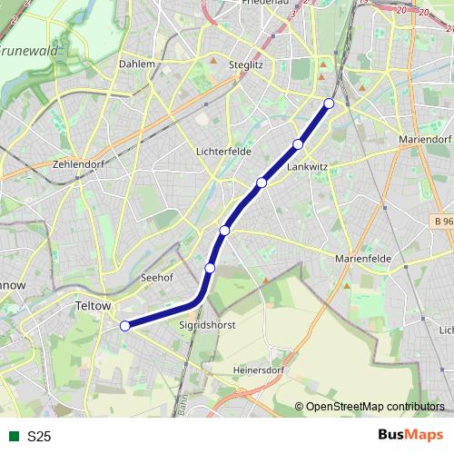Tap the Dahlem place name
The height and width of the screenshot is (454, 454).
point(136,64)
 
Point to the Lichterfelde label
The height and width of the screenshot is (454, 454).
point(223,152)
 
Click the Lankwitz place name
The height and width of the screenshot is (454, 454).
point(306,167)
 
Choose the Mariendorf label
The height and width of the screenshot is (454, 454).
point(424,140)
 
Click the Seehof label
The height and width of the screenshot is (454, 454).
point(157,279)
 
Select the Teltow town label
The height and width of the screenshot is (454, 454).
point(94,307)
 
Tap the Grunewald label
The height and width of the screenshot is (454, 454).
point(30,52)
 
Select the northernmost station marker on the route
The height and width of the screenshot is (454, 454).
point(329,104)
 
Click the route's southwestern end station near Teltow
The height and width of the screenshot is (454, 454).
point(125,326)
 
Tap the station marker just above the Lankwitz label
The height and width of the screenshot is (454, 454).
point(298,144)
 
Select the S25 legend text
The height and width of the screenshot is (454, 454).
point(39,437)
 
